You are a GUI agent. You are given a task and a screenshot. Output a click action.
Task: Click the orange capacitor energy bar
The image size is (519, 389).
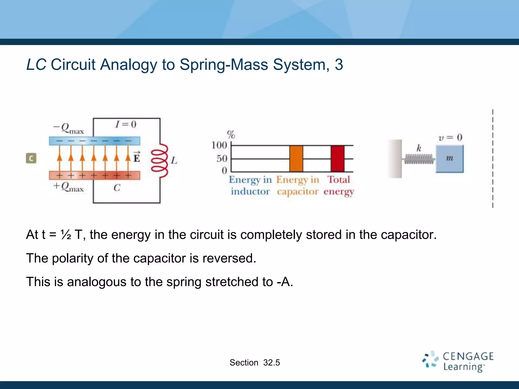click(296, 159)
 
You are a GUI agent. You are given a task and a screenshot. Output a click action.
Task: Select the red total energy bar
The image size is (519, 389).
click(337, 159)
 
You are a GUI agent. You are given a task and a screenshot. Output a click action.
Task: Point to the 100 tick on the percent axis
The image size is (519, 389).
click(219, 145)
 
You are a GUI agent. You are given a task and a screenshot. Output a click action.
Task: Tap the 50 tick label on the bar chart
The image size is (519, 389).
click(222, 159)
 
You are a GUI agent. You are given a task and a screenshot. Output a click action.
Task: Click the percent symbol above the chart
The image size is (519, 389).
click(231, 134)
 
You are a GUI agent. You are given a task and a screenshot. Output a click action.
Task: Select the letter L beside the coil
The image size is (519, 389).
click(174, 160)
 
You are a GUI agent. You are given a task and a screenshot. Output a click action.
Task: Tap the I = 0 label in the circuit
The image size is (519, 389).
click(126, 124)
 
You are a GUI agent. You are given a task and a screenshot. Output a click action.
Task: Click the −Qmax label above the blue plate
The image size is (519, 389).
click(68, 128)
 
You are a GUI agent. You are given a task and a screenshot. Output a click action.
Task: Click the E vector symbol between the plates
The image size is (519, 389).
click(137, 157)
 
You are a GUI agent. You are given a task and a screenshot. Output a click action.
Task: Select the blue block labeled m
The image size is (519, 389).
click(450, 159)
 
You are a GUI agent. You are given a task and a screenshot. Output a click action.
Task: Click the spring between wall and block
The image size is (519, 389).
click(419, 159)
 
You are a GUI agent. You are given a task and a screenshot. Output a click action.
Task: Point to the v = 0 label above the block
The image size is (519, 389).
click(450, 138)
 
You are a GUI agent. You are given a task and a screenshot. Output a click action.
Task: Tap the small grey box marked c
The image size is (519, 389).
click(31, 159)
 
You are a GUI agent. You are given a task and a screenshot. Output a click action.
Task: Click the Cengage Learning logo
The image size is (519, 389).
click(458, 361)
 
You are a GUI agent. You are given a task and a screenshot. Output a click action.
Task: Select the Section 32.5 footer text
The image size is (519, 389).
click(255, 363)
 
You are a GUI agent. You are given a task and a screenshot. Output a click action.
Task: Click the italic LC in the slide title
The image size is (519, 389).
click(36, 65)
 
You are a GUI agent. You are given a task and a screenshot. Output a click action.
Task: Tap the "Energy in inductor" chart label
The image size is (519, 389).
click(250, 185)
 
